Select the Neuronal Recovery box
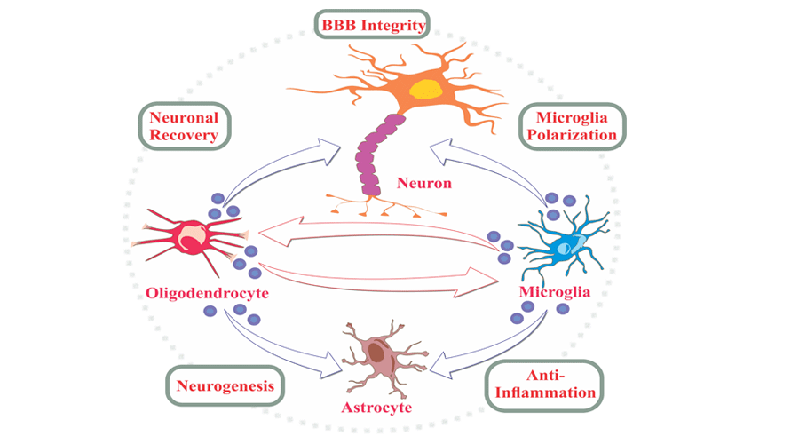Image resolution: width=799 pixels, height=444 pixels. (x=184, y=125)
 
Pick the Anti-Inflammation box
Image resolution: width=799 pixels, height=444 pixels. (x=542, y=383)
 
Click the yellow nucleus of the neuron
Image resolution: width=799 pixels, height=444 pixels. (x=427, y=89)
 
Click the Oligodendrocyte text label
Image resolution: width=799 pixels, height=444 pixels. (x=206, y=292)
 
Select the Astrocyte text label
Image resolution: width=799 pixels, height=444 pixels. (x=376, y=408)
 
